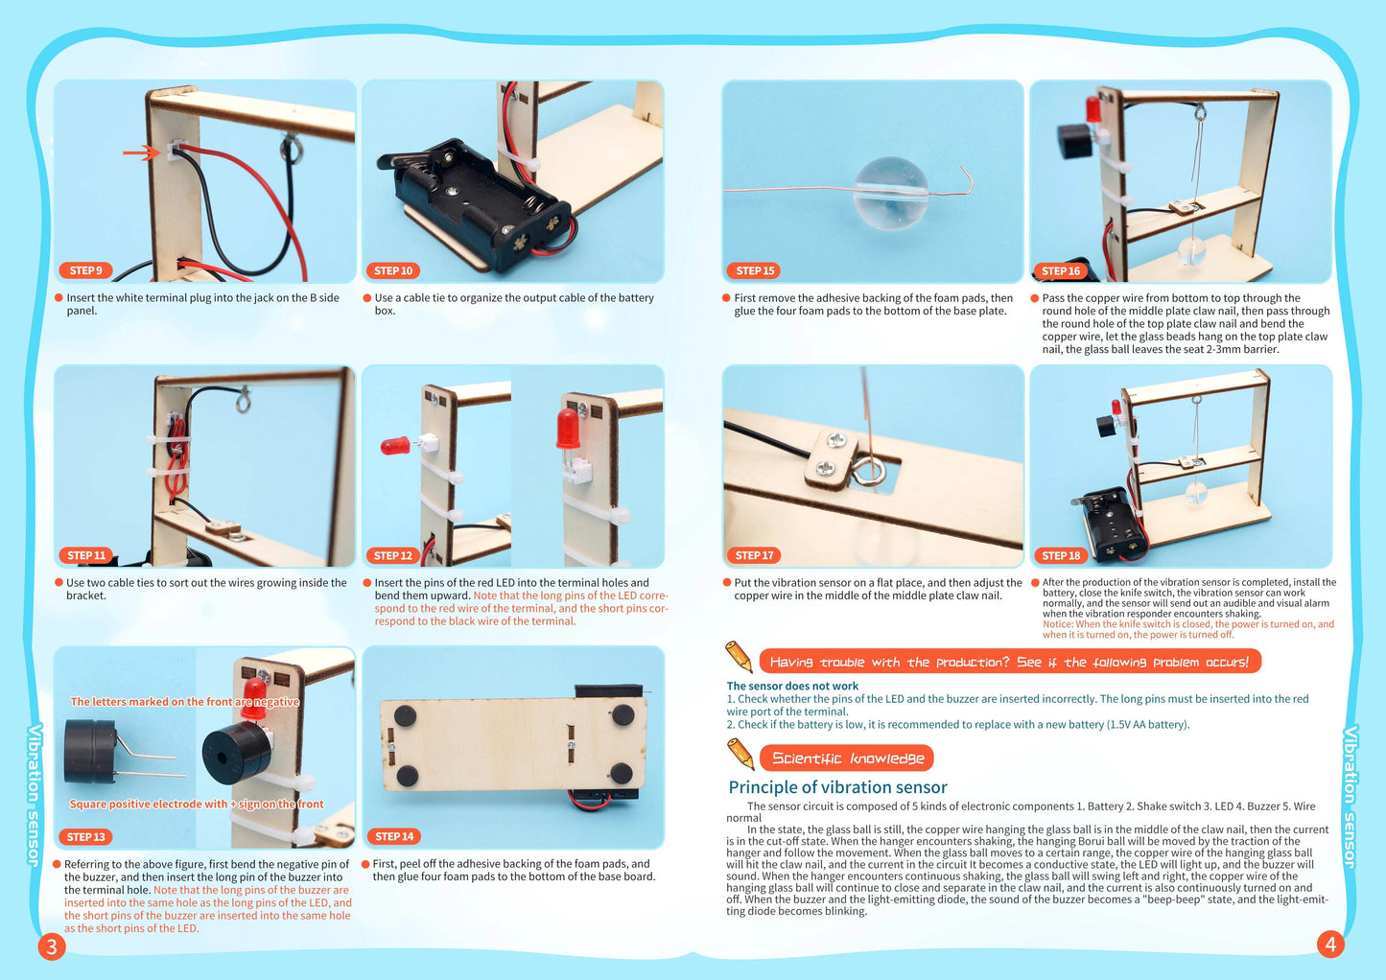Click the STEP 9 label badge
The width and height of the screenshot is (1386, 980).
pyautogui.click(x=85, y=270)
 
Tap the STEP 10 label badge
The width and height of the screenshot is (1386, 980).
pyautogui.click(x=393, y=270)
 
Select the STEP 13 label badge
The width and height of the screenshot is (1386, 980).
pyautogui.click(x=85, y=837)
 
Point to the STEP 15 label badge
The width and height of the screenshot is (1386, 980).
pyautogui.click(x=755, y=270)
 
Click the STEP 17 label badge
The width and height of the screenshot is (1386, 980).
pyautogui.click(x=754, y=555)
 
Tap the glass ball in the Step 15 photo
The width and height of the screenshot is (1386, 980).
pyautogui.click(x=890, y=193)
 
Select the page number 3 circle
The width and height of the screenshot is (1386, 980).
pyautogui.click(x=51, y=946)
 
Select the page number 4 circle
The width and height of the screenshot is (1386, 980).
pyautogui.click(x=1329, y=945)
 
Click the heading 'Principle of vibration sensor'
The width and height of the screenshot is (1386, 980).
pyautogui.click(x=837, y=787)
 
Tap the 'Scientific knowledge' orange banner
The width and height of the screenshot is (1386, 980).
pyautogui.click(x=847, y=758)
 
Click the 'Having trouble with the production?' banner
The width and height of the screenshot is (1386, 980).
pyautogui.click(x=1009, y=662)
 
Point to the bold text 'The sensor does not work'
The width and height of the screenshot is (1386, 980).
pyautogui.click(x=792, y=686)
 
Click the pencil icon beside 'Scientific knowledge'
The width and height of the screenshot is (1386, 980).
pyautogui.click(x=740, y=754)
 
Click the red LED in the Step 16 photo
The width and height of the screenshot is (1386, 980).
pyautogui.click(x=1092, y=108)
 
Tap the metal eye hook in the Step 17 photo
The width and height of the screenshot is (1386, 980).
pyautogui.click(x=872, y=471)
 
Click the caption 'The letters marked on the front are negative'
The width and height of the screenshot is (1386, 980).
pyautogui.click(x=185, y=702)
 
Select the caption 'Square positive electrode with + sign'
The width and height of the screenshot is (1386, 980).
pyautogui.click(x=197, y=804)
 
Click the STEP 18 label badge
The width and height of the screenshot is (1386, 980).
pyautogui.click(x=1061, y=555)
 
